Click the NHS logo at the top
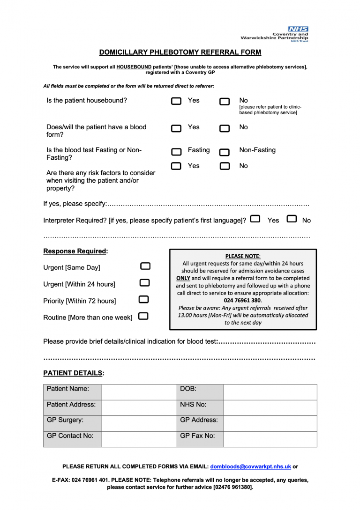(298, 29)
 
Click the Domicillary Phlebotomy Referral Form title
(180, 52)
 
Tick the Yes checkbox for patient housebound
(176, 101)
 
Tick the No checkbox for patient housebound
(225, 101)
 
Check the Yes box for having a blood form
(176, 128)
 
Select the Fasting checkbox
(176, 151)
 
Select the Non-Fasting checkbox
(225, 152)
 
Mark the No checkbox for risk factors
(225, 166)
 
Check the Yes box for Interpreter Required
(255, 219)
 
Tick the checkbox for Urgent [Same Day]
(145, 266)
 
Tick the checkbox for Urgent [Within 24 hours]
(145, 282)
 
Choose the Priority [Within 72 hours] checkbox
(144, 299)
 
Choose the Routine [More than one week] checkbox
(143, 316)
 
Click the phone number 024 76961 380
(242, 300)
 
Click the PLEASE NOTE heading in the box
(242, 256)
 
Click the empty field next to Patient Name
(139, 392)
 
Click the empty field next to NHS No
(270, 408)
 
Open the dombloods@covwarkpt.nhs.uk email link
(251, 466)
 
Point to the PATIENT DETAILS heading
(74, 373)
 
